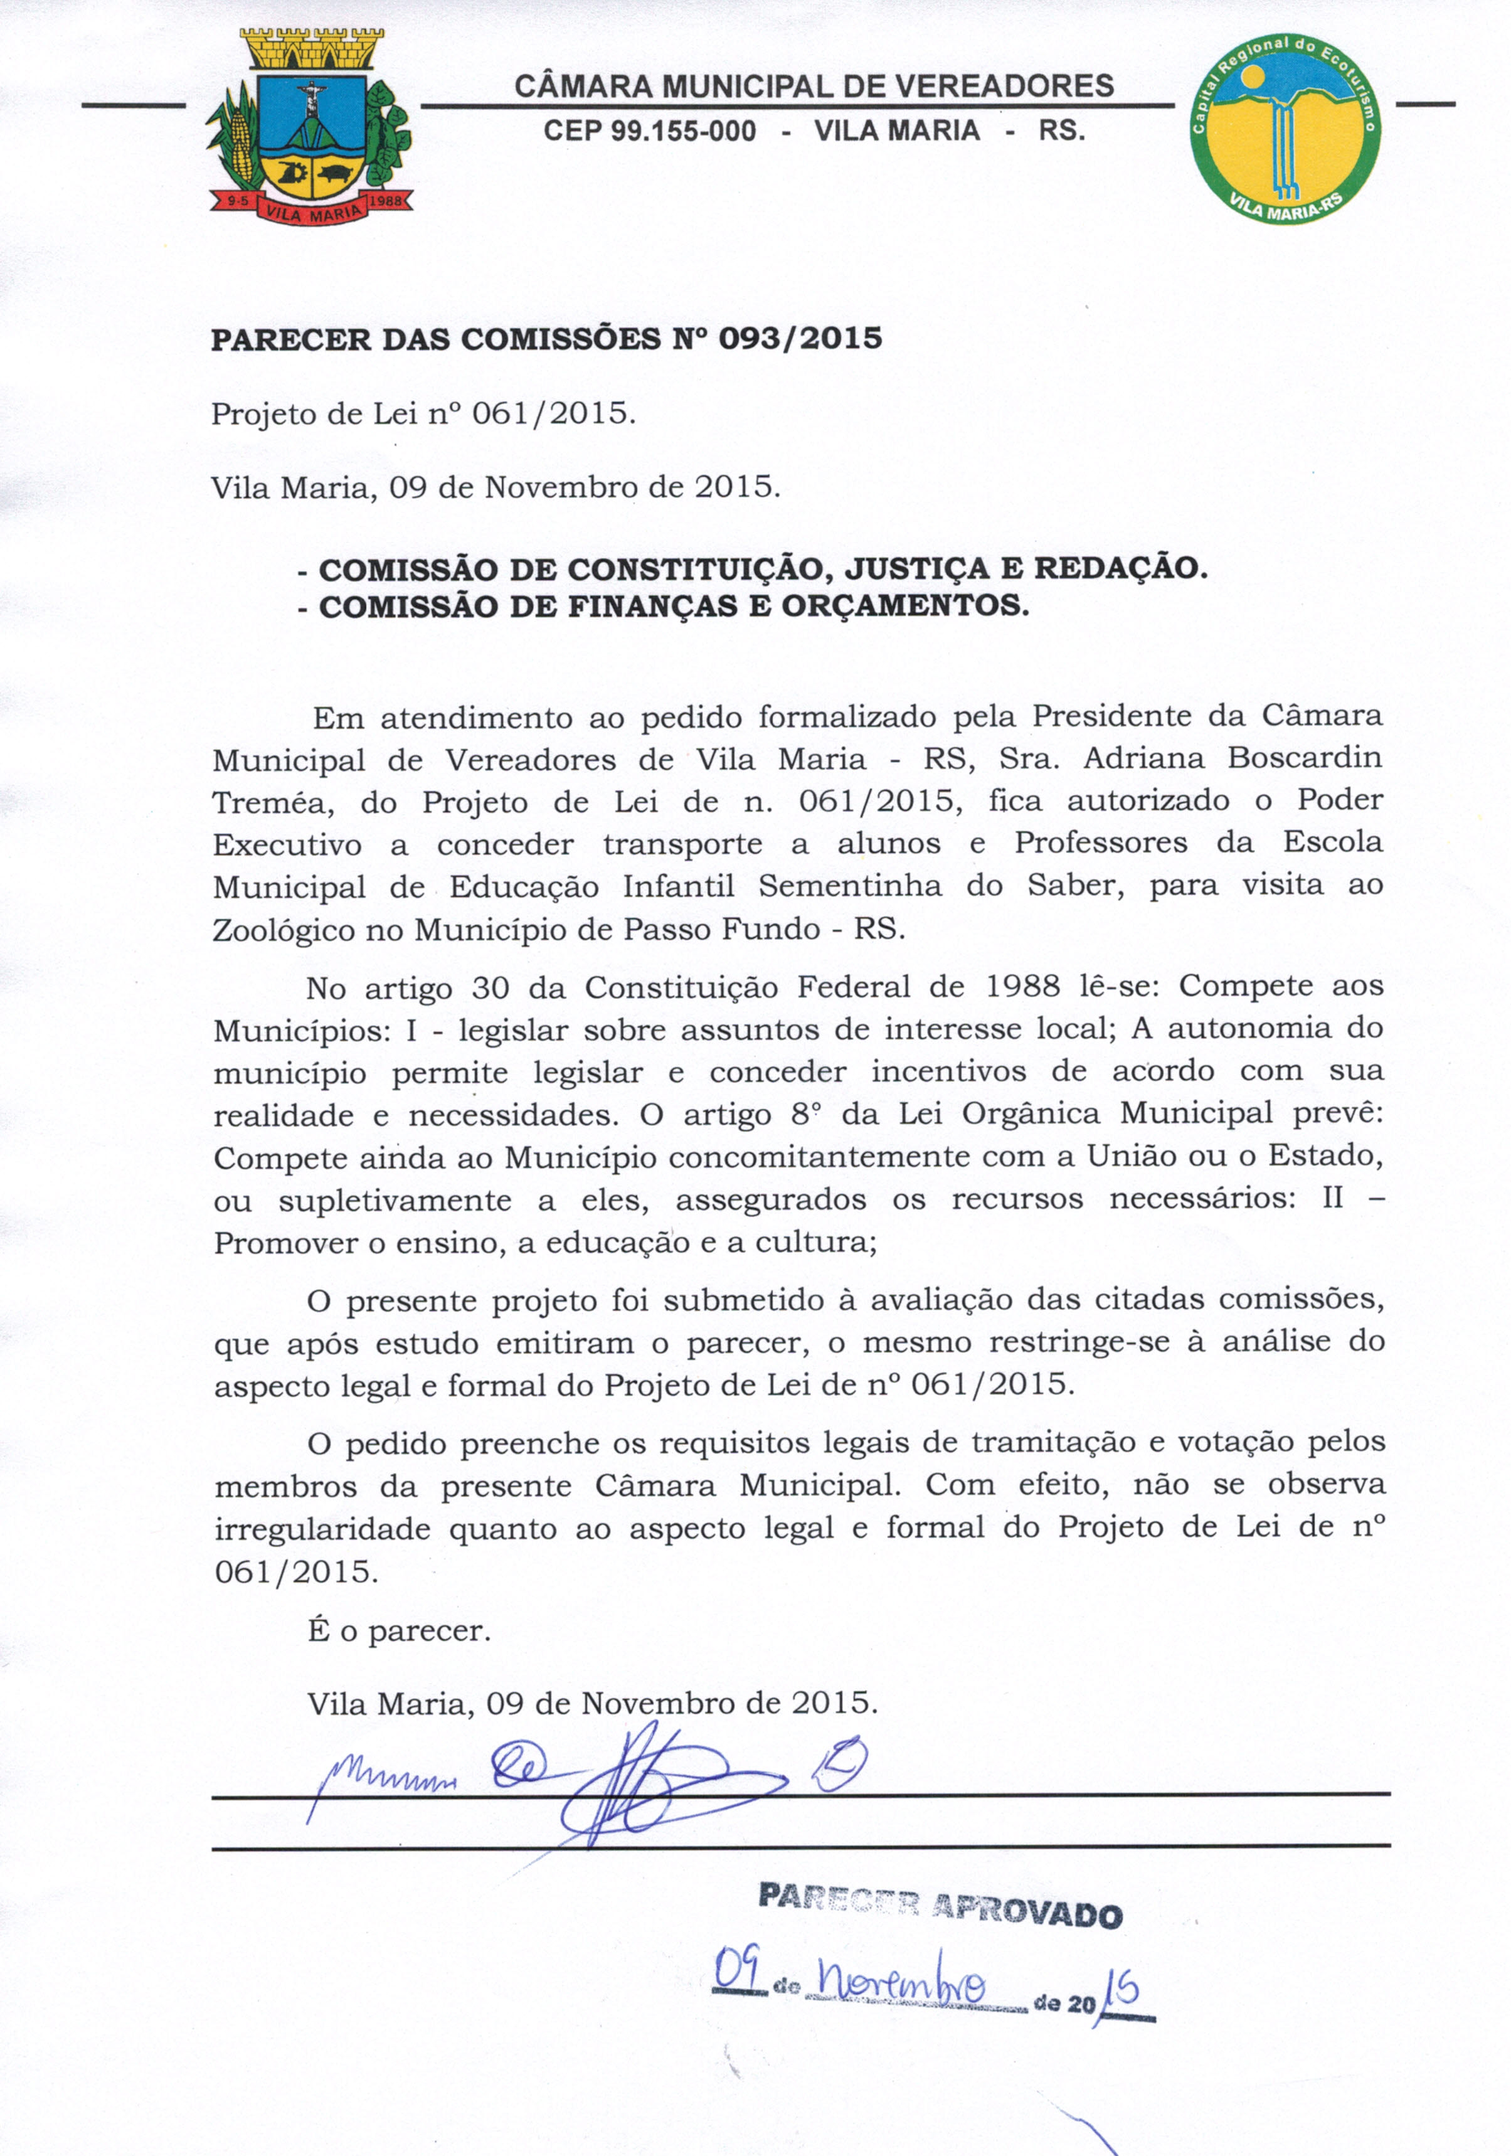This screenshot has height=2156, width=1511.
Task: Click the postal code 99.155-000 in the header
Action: [682, 130]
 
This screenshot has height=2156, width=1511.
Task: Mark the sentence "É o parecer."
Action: [399, 1631]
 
